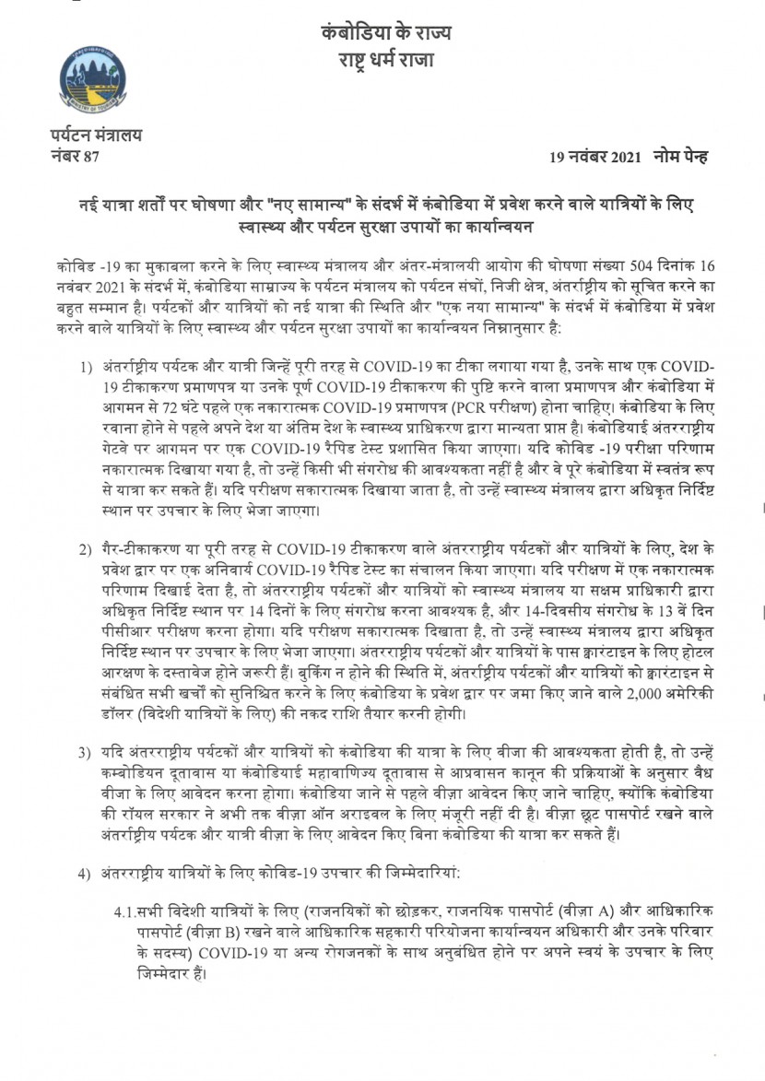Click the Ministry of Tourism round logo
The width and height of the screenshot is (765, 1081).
click(x=92, y=80)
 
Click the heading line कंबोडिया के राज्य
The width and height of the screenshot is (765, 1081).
click(x=387, y=33)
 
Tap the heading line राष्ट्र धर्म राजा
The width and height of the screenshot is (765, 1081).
click(x=387, y=61)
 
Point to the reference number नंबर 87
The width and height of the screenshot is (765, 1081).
click(x=75, y=155)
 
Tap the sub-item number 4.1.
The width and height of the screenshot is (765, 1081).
click(x=125, y=911)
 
